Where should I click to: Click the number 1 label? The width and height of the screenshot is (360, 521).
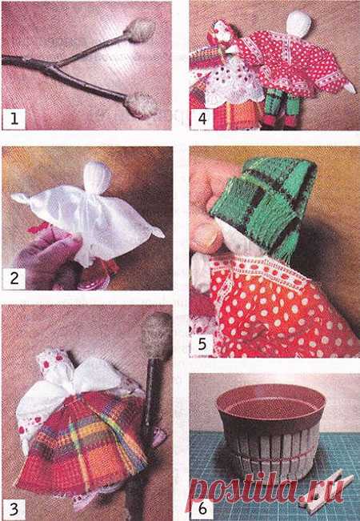point(14,118)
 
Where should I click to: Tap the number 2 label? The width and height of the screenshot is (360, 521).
point(14,278)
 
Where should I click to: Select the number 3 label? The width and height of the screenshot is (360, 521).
point(14,508)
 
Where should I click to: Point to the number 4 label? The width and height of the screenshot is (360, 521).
point(202,118)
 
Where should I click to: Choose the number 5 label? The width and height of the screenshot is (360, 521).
point(202,344)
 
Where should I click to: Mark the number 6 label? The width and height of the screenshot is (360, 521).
point(202,508)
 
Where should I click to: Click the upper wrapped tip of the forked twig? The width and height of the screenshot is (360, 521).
point(140,30)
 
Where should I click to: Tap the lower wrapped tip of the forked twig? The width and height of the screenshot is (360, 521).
point(141,105)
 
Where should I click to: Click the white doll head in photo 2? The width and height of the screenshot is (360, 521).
point(97,176)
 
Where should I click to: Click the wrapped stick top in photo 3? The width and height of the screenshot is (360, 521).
point(157,335)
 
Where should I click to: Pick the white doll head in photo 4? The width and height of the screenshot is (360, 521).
point(299,24)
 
